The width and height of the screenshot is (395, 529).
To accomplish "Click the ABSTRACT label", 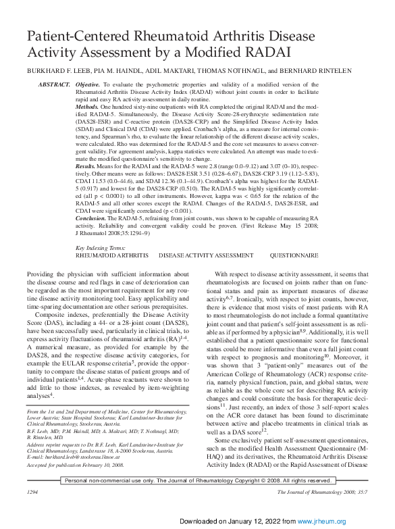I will (53, 84).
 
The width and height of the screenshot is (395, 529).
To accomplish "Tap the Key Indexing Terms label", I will (104, 249).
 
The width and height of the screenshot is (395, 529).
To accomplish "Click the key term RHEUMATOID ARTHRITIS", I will (111, 257).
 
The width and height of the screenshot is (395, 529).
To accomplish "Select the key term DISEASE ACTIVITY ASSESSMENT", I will (206, 257).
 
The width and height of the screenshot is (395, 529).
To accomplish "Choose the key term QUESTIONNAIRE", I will (294, 257).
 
